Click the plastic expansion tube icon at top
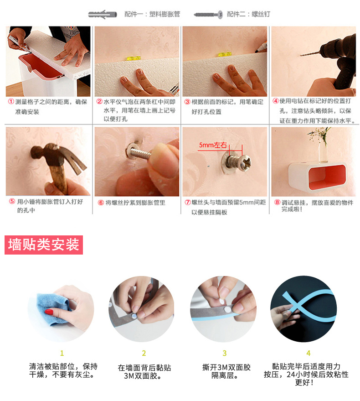pyautogui.click(x=103, y=14)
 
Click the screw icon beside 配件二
pyautogui.click(x=208, y=15)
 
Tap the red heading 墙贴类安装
pyautogui.click(x=44, y=245)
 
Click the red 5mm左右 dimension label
pyautogui.click(x=213, y=145)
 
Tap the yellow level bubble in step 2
pyautogui.click(x=134, y=58)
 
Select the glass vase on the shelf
pyautogui.click(x=323, y=152)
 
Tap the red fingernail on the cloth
pyautogui.click(x=49, y=312)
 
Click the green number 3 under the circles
pyautogui.click(x=224, y=353)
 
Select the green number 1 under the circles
pyautogui.click(x=62, y=353)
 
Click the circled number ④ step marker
pyautogui.click(x=275, y=101)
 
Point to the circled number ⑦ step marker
pyautogui.click(x=188, y=202)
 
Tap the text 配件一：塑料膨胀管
pyautogui.click(x=152, y=14)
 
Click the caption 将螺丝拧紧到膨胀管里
pyautogui.click(x=135, y=203)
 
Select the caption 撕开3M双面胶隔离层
pyautogui.click(x=226, y=372)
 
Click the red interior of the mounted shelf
pyautogui.click(x=327, y=177)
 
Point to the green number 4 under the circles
pyautogui.click(x=309, y=353)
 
